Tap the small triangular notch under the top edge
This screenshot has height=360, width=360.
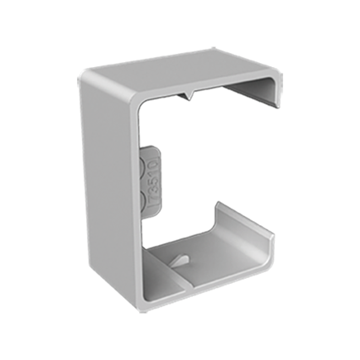(x=191, y=98)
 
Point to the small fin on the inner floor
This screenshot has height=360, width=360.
(x=178, y=256)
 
